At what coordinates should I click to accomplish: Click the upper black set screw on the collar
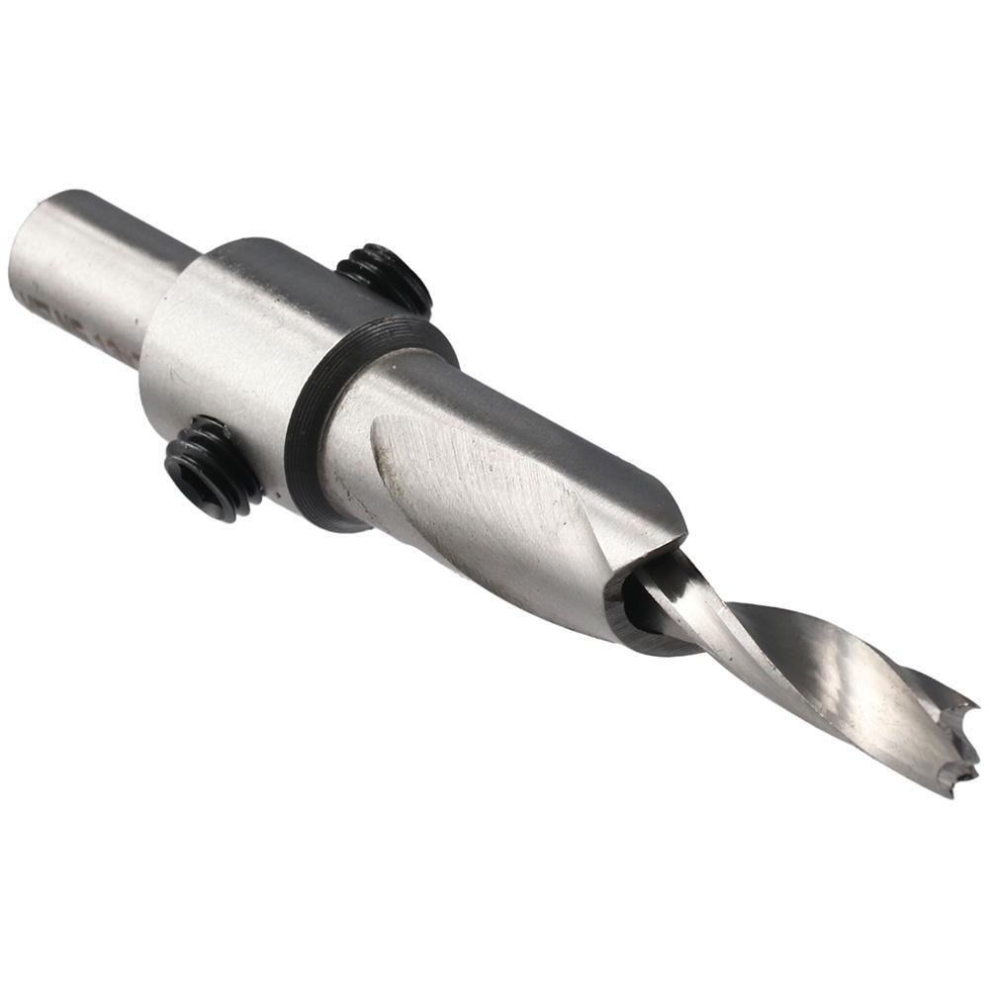pos(386,278)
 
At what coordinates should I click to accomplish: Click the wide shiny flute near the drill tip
pos(841,682)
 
